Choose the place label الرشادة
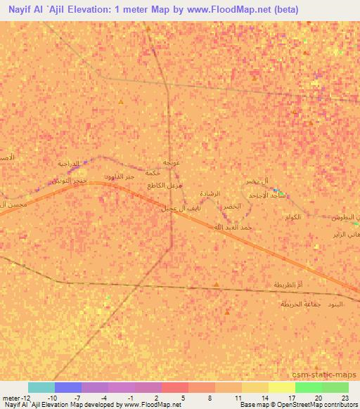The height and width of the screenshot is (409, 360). [x=210, y=193]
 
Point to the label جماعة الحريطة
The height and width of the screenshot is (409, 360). [x=301, y=304]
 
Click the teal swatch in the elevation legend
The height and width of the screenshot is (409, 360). [x=41, y=387]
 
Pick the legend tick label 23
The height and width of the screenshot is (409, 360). [x=346, y=397]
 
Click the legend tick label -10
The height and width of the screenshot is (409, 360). [x=53, y=397]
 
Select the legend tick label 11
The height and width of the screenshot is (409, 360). [x=239, y=397]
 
